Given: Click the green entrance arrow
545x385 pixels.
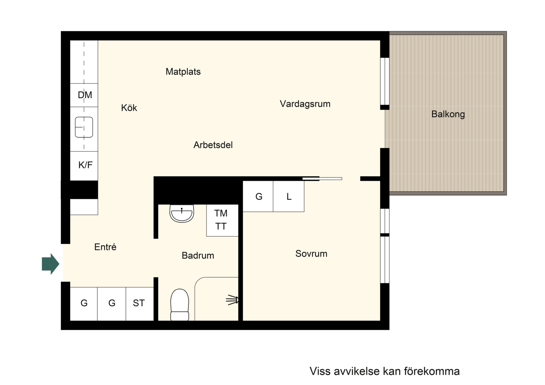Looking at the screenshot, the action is tap(51, 264).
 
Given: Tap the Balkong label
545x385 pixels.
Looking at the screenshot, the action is tap(448, 114).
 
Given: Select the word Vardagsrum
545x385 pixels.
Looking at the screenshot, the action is tap(305, 104).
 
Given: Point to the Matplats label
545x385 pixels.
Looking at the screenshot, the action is tap(183, 72).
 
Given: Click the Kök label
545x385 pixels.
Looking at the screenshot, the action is tap(129, 108).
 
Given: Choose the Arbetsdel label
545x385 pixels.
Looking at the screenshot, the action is tap(213, 145).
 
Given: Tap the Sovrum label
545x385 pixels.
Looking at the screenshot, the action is tap(311, 254).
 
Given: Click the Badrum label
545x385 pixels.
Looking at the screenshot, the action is tap(198, 255).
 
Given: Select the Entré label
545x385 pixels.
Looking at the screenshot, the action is tap(105, 247).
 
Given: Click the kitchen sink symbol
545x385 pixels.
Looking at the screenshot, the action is tap(84, 127).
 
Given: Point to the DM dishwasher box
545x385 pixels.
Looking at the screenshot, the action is tap(84, 95).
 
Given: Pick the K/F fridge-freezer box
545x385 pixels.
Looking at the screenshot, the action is tap(84, 166).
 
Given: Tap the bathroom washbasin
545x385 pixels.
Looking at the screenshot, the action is tap(182, 213).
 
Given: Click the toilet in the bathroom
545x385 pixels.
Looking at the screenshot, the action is tap(179, 305).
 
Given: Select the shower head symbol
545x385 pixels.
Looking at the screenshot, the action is tap(232, 300).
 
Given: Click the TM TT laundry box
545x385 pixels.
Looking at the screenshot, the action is tap(222, 220).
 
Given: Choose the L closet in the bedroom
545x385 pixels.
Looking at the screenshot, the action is tap(289, 196).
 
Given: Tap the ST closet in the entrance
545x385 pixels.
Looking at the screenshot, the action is tap(140, 304).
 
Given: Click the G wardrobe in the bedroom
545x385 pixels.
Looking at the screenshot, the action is tap(258, 196).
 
